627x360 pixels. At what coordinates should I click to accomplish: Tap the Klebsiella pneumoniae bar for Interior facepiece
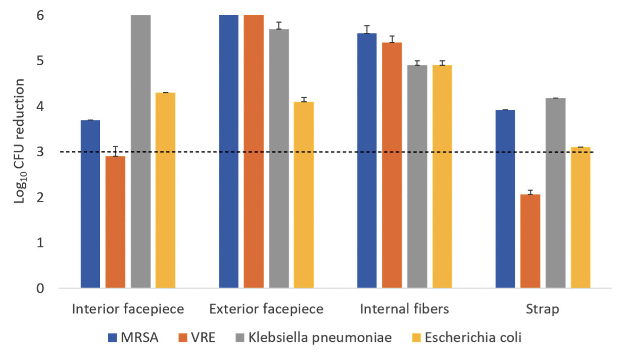pyautogui.click(x=140, y=152)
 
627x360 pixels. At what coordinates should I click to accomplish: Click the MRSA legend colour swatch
pyautogui.click(x=113, y=338)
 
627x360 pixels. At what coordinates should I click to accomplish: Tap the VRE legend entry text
pyautogui.click(x=203, y=338)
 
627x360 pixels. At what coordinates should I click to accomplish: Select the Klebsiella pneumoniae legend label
pyautogui.click(x=320, y=338)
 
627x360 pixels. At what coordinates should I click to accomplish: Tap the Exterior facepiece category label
pyautogui.click(x=266, y=309)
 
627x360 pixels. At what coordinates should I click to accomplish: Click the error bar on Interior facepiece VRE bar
pyautogui.click(x=116, y=151)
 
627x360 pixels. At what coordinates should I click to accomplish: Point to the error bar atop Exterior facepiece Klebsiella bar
pyautogui.click(x=279, y=26)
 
